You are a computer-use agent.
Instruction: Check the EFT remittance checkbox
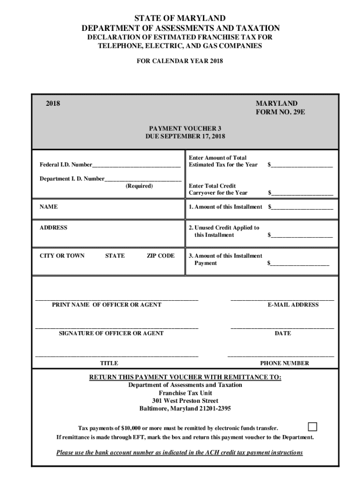tap(312, 427)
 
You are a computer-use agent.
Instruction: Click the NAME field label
tap(49, 207)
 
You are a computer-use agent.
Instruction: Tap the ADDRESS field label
tap(53, 228)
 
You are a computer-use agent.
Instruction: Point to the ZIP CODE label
tap(160, 256)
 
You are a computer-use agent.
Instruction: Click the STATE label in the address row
tap(115, 256)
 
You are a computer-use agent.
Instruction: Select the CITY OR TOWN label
tap(62, 256)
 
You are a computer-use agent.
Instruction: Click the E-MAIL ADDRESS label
tap(293, 305)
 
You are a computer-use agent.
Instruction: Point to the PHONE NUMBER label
tap(284, 363)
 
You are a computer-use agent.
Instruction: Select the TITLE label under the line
tap(109, 363)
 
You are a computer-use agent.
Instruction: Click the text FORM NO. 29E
tap(280, 113)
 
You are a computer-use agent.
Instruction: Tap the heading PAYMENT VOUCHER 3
tap(185, 128)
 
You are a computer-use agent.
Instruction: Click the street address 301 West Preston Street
tap(185, 401)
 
